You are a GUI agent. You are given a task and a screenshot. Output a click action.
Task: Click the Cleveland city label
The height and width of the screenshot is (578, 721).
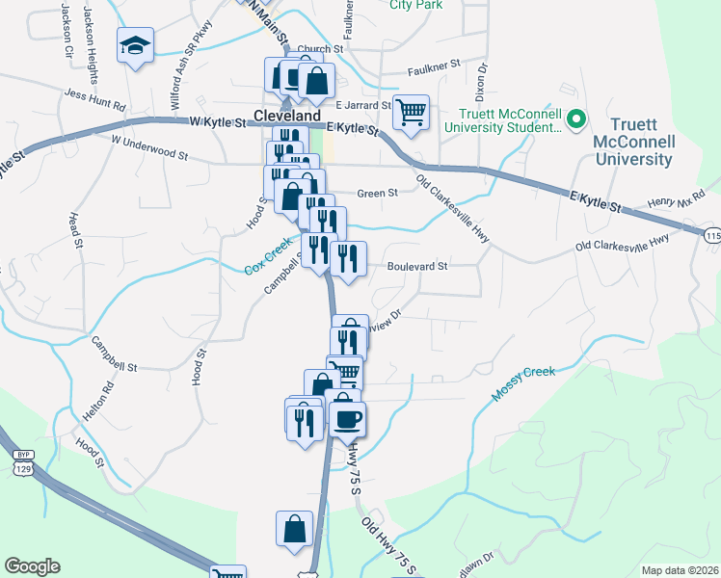tap(286, 115)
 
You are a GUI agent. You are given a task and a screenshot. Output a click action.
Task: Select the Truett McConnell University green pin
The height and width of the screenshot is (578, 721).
tap(576, 119)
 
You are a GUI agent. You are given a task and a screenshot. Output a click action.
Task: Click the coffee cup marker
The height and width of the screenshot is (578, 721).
tap(348, 419)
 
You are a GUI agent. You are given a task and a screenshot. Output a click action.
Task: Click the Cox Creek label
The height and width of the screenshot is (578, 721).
tap(267, 257)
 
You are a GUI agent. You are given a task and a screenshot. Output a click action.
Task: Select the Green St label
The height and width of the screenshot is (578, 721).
tap(378, 194)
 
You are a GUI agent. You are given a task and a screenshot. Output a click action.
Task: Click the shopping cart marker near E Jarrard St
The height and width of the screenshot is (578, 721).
tap(411, 112)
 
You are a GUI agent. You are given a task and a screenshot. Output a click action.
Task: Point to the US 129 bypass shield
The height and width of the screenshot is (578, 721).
tap(21, 461)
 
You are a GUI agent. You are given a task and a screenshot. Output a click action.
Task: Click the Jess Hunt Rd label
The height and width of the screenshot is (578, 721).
tap(95, 99)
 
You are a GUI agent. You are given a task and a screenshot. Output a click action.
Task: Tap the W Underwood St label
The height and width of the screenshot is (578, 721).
tap(148, 145)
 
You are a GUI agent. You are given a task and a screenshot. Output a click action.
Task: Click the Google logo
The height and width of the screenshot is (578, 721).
tap(33, 566)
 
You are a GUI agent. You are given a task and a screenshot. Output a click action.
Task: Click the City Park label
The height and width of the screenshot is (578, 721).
tap(415, 5)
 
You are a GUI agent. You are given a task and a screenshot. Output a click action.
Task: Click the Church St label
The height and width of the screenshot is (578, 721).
tap(320, 49)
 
